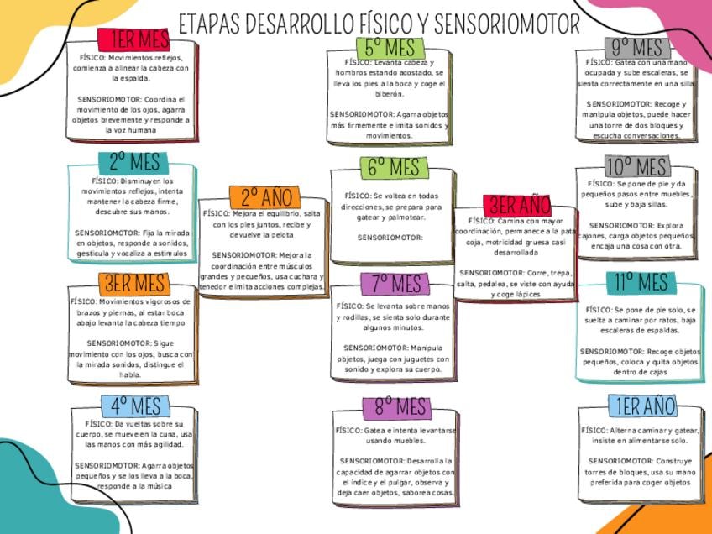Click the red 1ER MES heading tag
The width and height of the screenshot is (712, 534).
(x=133, y=39)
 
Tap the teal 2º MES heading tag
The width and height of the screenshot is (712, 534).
(x=134, y=162)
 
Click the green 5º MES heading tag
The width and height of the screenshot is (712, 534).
(x=390, y=47)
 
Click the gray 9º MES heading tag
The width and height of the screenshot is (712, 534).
(x=636, y=47)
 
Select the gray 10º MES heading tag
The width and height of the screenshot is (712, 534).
(x=636, y=166)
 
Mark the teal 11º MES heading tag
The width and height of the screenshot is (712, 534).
(x=640, y=283)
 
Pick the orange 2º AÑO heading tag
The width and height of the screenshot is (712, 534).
(x=265, y=197)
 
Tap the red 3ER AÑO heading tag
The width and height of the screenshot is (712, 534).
(x=519, y=206)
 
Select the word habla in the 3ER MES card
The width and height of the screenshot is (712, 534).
(x=130, y=375)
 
